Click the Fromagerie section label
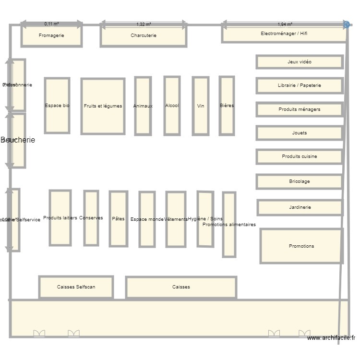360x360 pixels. [51, 35]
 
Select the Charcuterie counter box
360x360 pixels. [144, 36]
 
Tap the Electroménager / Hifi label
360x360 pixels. [284, 34]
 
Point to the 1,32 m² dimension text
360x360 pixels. [144, 24]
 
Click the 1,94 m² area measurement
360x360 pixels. [285, 24]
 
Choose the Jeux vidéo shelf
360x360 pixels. [300, 62]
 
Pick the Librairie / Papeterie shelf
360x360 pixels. [300, 85]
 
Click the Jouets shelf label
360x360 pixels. [300, 133]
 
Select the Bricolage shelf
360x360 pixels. [300, 181]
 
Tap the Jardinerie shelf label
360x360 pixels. [300, 207]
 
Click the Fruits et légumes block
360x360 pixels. [103, 106]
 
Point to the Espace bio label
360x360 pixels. [57, 106]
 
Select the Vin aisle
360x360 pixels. [201, 106]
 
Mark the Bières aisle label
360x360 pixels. [227, 106]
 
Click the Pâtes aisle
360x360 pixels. [118, 219]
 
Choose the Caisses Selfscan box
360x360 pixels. [76, 287]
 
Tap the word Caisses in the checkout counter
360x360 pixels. [181, 287]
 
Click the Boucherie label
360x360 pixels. [18, 140]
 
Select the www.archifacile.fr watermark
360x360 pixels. [331, 338]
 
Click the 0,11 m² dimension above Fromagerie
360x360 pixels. [51, 24]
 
